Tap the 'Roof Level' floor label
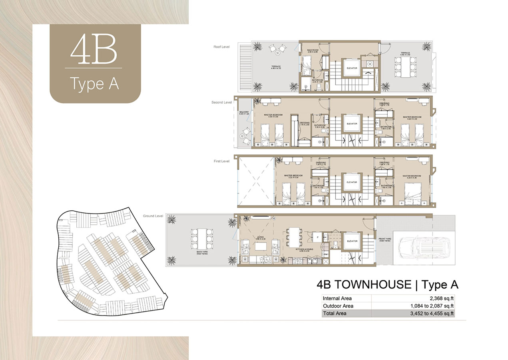[x=221, y=47]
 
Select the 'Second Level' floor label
[x=221, y=102]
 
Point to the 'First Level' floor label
[x=221, y=161]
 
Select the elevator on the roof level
[x=352, y=68]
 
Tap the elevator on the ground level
[x=352, y=241]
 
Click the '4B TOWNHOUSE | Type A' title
[x=387, y=284]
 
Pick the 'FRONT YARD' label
[x=384, y=240]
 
